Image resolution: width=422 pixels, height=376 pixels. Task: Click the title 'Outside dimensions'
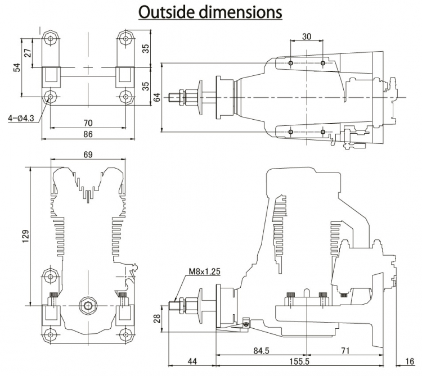pos(210,12)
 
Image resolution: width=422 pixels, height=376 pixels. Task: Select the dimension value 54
pos(17,67)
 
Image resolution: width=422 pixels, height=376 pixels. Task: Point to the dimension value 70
pos(88,123)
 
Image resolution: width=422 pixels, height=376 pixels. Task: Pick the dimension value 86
pos(88,134)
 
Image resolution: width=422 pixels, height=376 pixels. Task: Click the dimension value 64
pos(156,97)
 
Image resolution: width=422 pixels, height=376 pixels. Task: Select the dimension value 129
pos(25,237)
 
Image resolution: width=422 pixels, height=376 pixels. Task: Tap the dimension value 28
pos(158,319)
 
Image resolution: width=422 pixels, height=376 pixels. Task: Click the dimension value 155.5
pos(304,360)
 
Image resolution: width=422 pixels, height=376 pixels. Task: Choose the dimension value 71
pos(345,351)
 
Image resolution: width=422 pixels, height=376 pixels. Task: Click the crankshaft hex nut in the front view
pos(87,305)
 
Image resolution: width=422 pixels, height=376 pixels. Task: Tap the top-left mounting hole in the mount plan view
pos(51,39)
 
